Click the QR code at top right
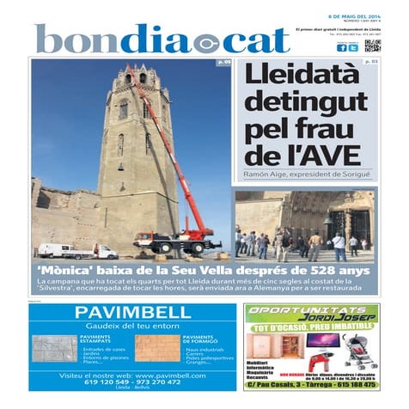point(371,46)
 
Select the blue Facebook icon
point(341,48)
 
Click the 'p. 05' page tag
point(223,63)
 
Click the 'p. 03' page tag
point(370,63)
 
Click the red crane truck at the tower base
point(175,243)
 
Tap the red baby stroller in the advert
point(353,351)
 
